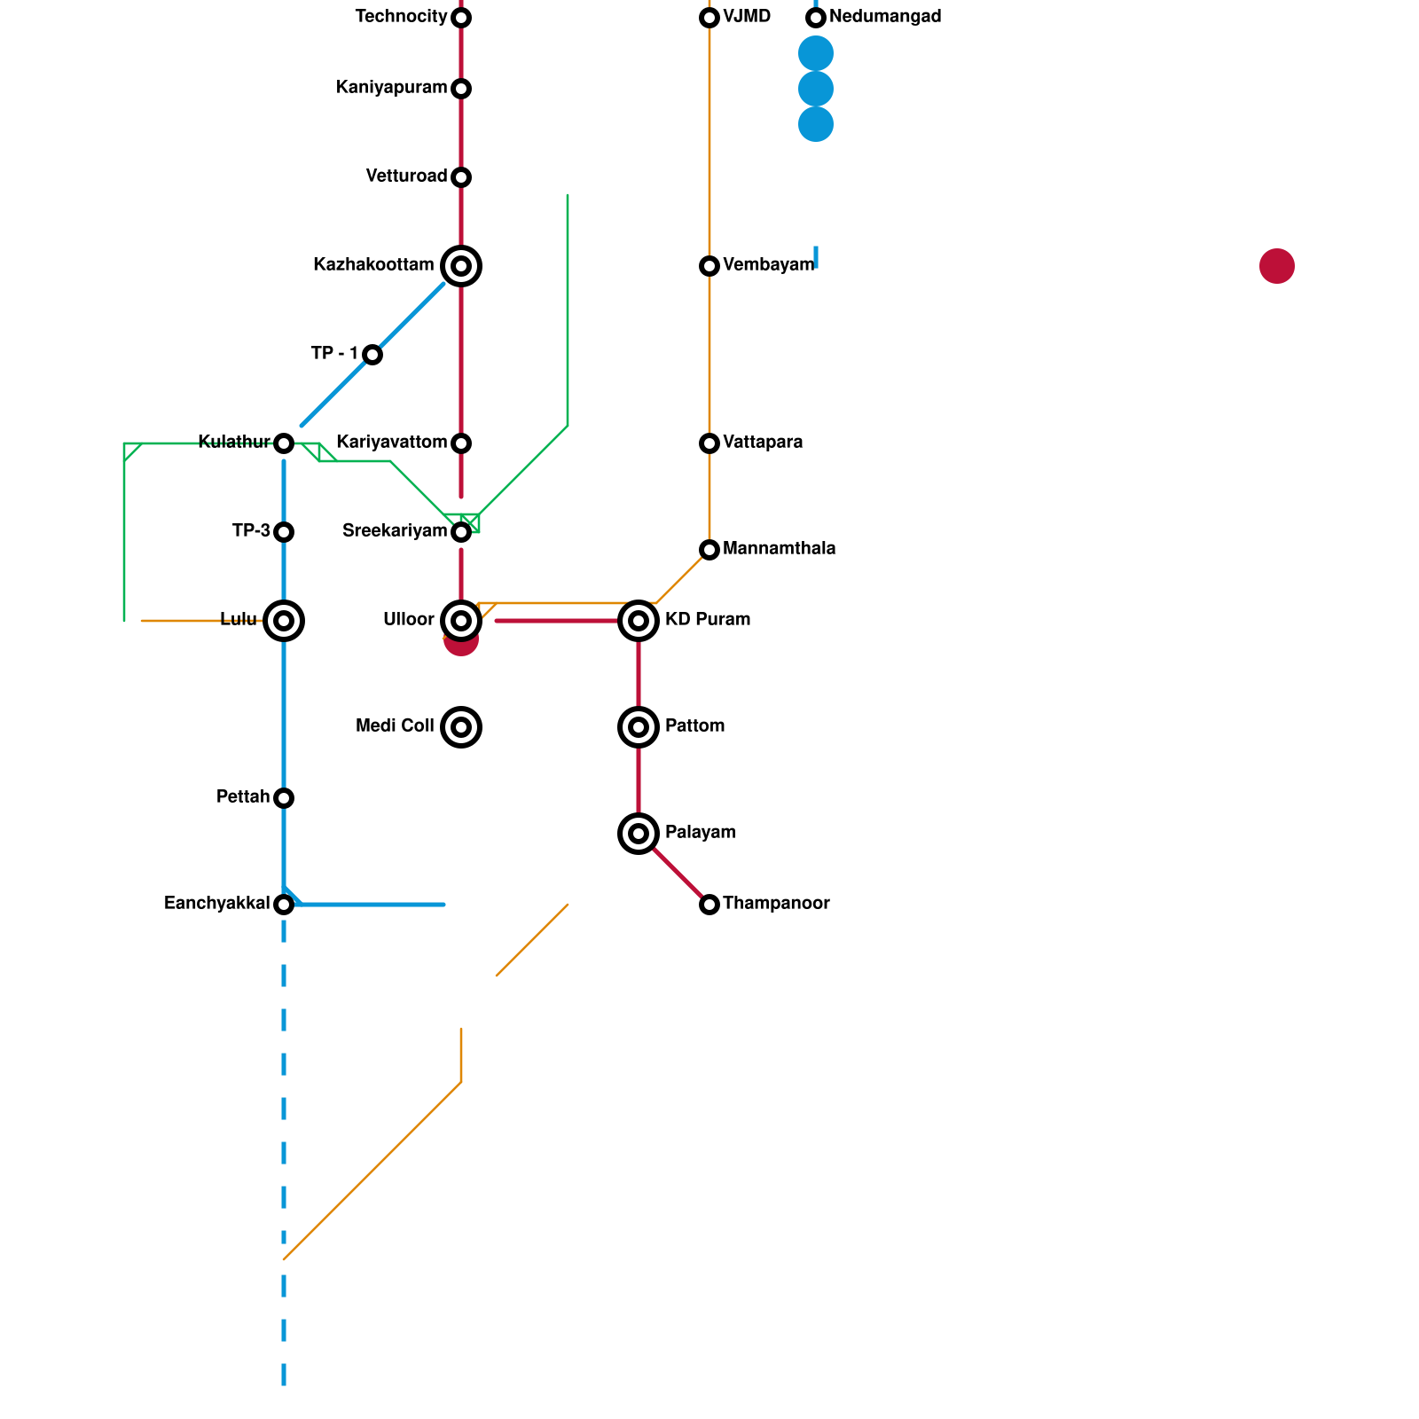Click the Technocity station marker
[x=461, y=18]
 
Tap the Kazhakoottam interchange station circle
[x=461, y=266]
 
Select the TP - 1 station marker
[x=372, y=355]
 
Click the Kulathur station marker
[x=284, y=443]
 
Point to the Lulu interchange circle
[x=284, y=621]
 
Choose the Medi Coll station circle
[x=461, y=727]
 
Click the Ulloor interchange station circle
[x=461, y=621]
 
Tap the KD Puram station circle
[x=639, y=621]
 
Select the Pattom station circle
[x=639, y=727]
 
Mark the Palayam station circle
[x=639, y=834]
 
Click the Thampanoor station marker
[x=709, y=905]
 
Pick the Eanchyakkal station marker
[x=284, y=905]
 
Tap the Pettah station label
[x=243, y=797]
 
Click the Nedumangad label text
[x=885, y=17]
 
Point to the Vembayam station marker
[x=709, y=266]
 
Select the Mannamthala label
[x=779, y=549]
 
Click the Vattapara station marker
[x=709, y=443]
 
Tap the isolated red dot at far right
[x=1277, y=266]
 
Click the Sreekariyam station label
[x=395, y=531]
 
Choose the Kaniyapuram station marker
[x=461, y=89]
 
